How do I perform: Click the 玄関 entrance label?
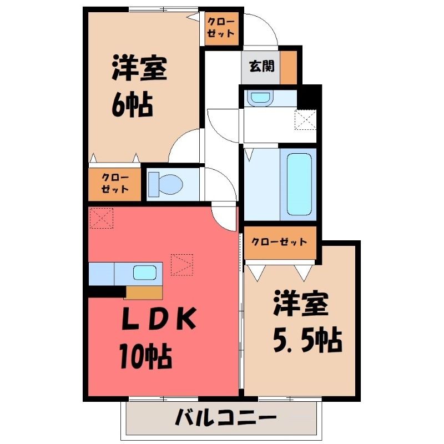click(x=261, y=66)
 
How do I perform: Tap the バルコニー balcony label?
click(x=225, y=417)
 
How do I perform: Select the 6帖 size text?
click(x=133, y=105)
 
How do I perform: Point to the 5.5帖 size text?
click(x=307, y=340)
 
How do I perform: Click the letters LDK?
click(x=159, y=318)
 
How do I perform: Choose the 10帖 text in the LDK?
click(x=145, y=356)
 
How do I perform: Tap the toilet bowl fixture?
click(x=166, y=184)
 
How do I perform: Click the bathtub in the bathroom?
click(x=299, y=184)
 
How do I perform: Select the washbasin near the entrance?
click(x=260, y=98)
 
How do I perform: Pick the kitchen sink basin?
click(x=145, y=273)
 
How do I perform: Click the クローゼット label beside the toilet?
click(x=115, y=184)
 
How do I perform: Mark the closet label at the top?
click(x=221, y=28)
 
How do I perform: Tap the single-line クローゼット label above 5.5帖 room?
click(x=280, y=242)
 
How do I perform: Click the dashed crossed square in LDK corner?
click(x=102, y=218)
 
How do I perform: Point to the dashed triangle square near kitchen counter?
click(x=182, y=265)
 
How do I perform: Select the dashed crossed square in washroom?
click(x=305, y=120)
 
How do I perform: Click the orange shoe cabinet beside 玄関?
click(x=289, y=67)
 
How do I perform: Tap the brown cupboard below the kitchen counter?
click(x=144, y=292)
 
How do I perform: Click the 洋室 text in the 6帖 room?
click(x=139, y=68)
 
